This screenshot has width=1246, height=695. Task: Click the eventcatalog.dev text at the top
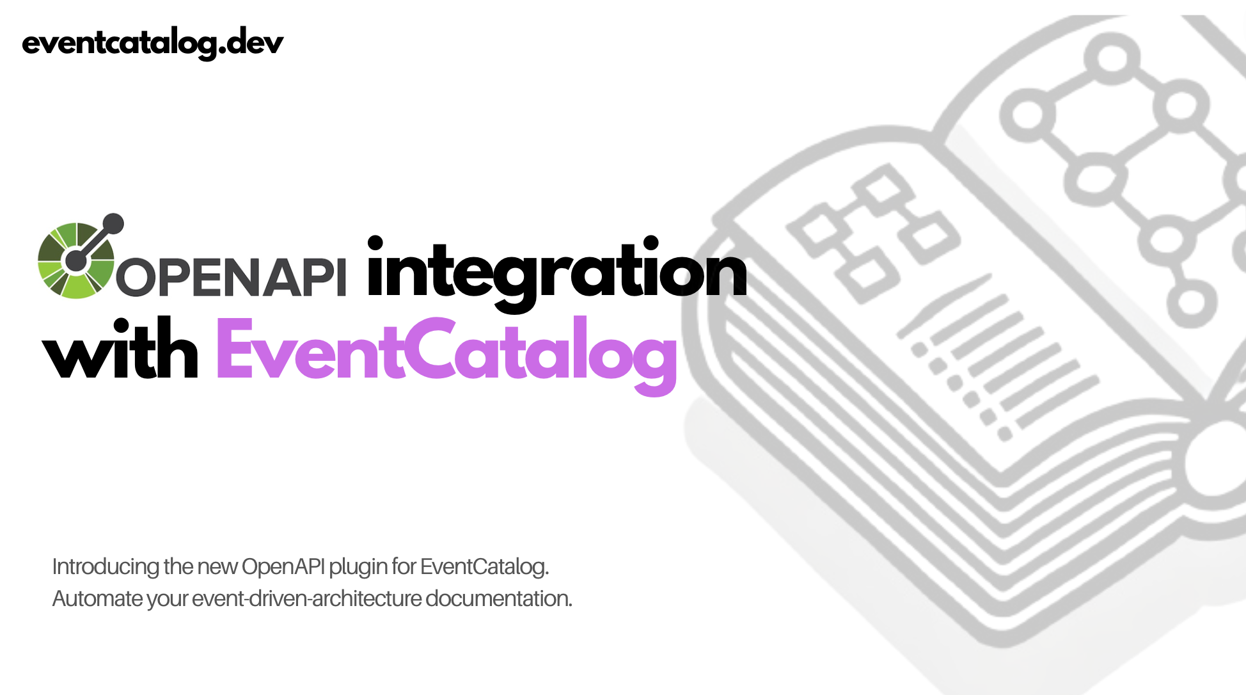152,44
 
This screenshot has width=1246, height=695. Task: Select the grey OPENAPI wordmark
231,277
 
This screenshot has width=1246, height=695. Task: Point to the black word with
120,350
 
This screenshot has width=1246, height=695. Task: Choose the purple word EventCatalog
446,352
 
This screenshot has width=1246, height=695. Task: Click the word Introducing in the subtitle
106,567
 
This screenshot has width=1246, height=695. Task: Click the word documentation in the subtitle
498,599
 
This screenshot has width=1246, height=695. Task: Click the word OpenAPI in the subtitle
283,567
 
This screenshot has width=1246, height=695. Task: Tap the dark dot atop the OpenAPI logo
113,223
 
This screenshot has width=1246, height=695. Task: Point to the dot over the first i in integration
375,243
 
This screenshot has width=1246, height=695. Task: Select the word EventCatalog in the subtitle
484,567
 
